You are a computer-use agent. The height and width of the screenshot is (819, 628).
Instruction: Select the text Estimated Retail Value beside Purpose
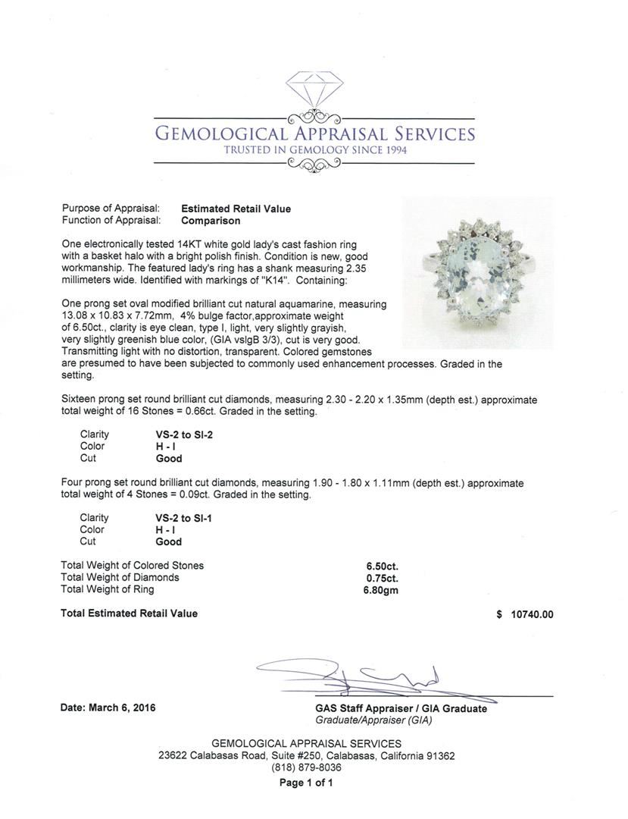click(x=236, y=209)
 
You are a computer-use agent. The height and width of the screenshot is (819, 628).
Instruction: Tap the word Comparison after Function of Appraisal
click(x=211, y=221)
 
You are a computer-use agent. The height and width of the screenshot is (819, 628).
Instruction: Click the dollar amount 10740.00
click(x=530, y=615)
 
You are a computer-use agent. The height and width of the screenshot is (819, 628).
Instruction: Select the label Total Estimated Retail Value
click(x=129, y=613)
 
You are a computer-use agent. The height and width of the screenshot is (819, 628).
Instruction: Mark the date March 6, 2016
click(x=108, y=708)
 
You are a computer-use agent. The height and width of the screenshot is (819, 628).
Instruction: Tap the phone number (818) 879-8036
click(x=306, y=767)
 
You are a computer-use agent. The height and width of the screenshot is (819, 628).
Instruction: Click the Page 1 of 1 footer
click(x=306, y=783)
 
